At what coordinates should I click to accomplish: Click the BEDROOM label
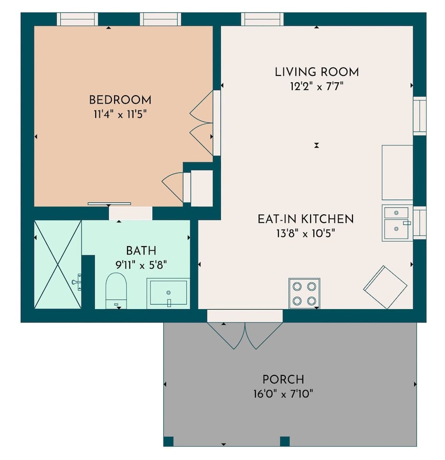[x=120, y=100]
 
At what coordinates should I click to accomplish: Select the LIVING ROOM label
[x=317, y=72]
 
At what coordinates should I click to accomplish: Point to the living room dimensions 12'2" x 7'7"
[x=317, y=86]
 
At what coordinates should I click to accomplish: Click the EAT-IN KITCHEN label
[x=306, y=219]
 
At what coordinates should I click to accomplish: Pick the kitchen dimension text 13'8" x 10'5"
[x=306, y=233]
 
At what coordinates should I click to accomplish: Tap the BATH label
[x=141, y=251]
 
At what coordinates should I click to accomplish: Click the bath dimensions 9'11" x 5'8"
[x=141, y=264]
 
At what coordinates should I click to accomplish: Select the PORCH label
[x=283, y=379]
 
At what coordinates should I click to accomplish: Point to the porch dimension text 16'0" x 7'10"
[x=283, y=394]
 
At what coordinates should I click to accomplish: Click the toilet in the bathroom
[x=116, y=290]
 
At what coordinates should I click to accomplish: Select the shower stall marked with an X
[x=58, y=264]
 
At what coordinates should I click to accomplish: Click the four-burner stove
[x=304, y=293]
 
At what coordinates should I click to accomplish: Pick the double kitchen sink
[x=397, y=223]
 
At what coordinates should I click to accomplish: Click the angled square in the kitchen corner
[x=385, y=287]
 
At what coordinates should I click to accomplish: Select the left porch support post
[x=168, y=441]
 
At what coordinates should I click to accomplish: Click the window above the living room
[x=262, y=19]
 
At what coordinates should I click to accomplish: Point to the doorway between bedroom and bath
[x=131, y=213]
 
